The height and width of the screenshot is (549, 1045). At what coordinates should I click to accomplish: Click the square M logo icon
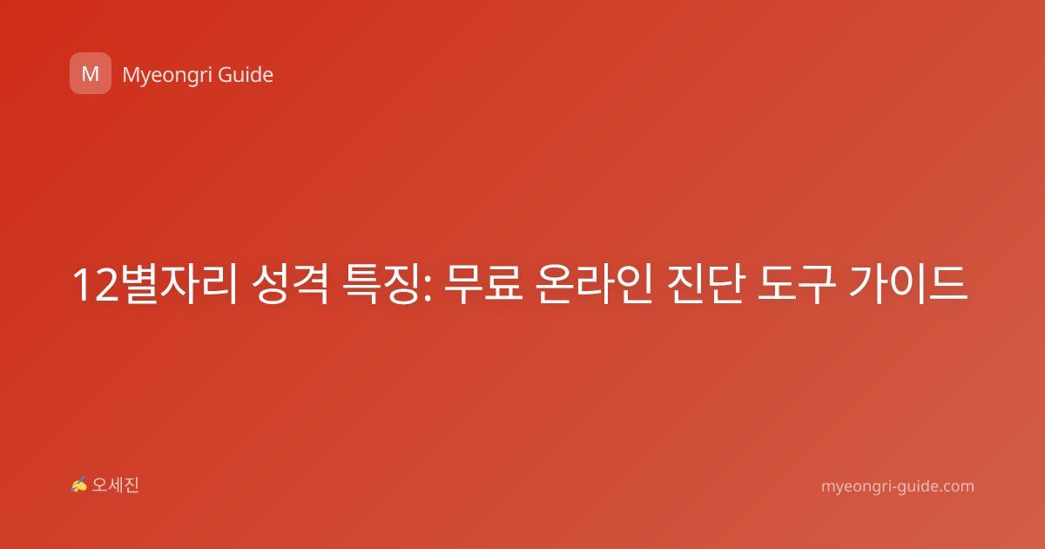pos(91,73)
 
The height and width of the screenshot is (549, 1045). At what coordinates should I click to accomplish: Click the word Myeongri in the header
pos(166,76)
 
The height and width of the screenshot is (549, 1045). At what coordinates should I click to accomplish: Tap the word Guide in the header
pos(246,75)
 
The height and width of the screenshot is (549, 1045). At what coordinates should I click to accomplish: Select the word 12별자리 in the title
pos(155,284)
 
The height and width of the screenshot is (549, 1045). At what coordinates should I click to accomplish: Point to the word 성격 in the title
pos(290,284)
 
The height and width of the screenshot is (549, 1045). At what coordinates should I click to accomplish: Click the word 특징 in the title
pos(381,284)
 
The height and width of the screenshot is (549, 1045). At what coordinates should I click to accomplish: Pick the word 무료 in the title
pos(482,284)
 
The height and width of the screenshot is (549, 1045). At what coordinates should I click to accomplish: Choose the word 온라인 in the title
pos(594,284)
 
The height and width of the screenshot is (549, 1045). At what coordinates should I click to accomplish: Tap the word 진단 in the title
pos(705,284)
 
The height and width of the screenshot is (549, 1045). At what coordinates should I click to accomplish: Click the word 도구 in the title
pos(796,284)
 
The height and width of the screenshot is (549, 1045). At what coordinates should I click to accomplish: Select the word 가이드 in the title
pos(907,284)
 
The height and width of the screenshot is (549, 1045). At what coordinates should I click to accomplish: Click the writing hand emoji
pos(78,485)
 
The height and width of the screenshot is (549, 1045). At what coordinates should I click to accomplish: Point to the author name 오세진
pos(115,485)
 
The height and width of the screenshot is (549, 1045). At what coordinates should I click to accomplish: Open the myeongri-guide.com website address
pos(898,486)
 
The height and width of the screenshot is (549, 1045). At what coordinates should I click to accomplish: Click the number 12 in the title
pos(96,285)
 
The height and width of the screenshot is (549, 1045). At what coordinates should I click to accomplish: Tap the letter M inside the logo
pos(91,74)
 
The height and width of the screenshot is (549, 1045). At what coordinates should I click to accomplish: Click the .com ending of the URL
pos(955,486)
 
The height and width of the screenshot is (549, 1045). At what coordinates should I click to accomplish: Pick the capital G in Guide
pos(226,75)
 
